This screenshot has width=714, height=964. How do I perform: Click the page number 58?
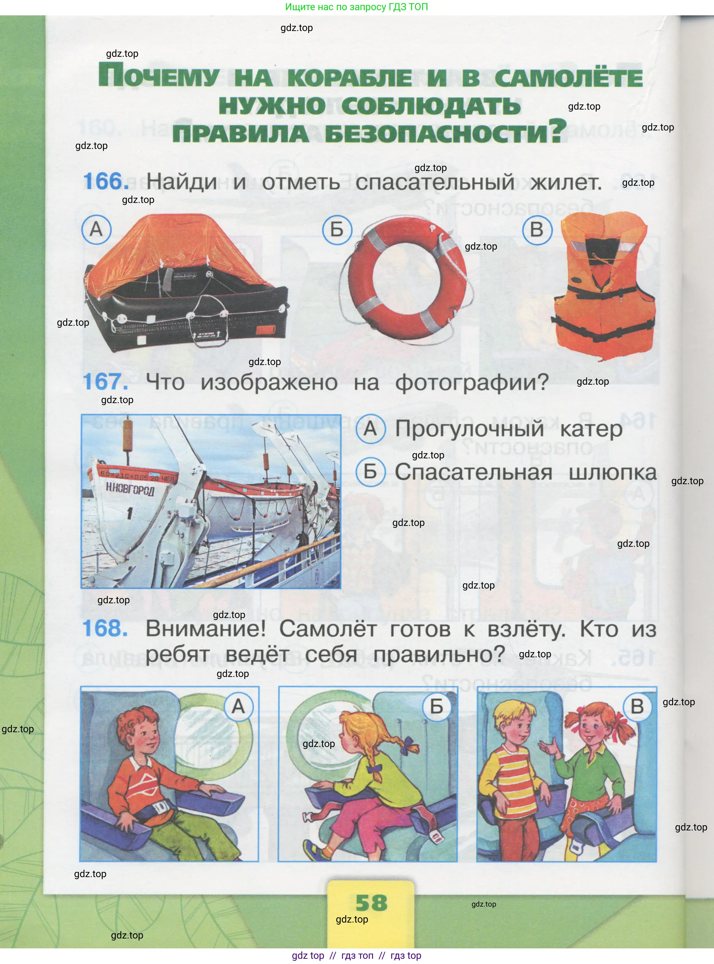coord(371,902)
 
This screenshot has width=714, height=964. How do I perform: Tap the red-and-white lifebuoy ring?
coord(406,281)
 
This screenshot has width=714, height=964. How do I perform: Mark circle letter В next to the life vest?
coord(537,230)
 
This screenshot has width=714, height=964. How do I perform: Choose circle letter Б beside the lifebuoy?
coord(337,230)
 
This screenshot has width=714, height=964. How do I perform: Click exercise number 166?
coord(106,181)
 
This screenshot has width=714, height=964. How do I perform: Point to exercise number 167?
coord(105,382)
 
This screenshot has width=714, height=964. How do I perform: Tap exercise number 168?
coord(105,628)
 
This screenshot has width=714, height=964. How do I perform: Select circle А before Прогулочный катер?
coord(371,429)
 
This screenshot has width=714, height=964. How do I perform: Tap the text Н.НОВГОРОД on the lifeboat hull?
coord(130,489)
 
